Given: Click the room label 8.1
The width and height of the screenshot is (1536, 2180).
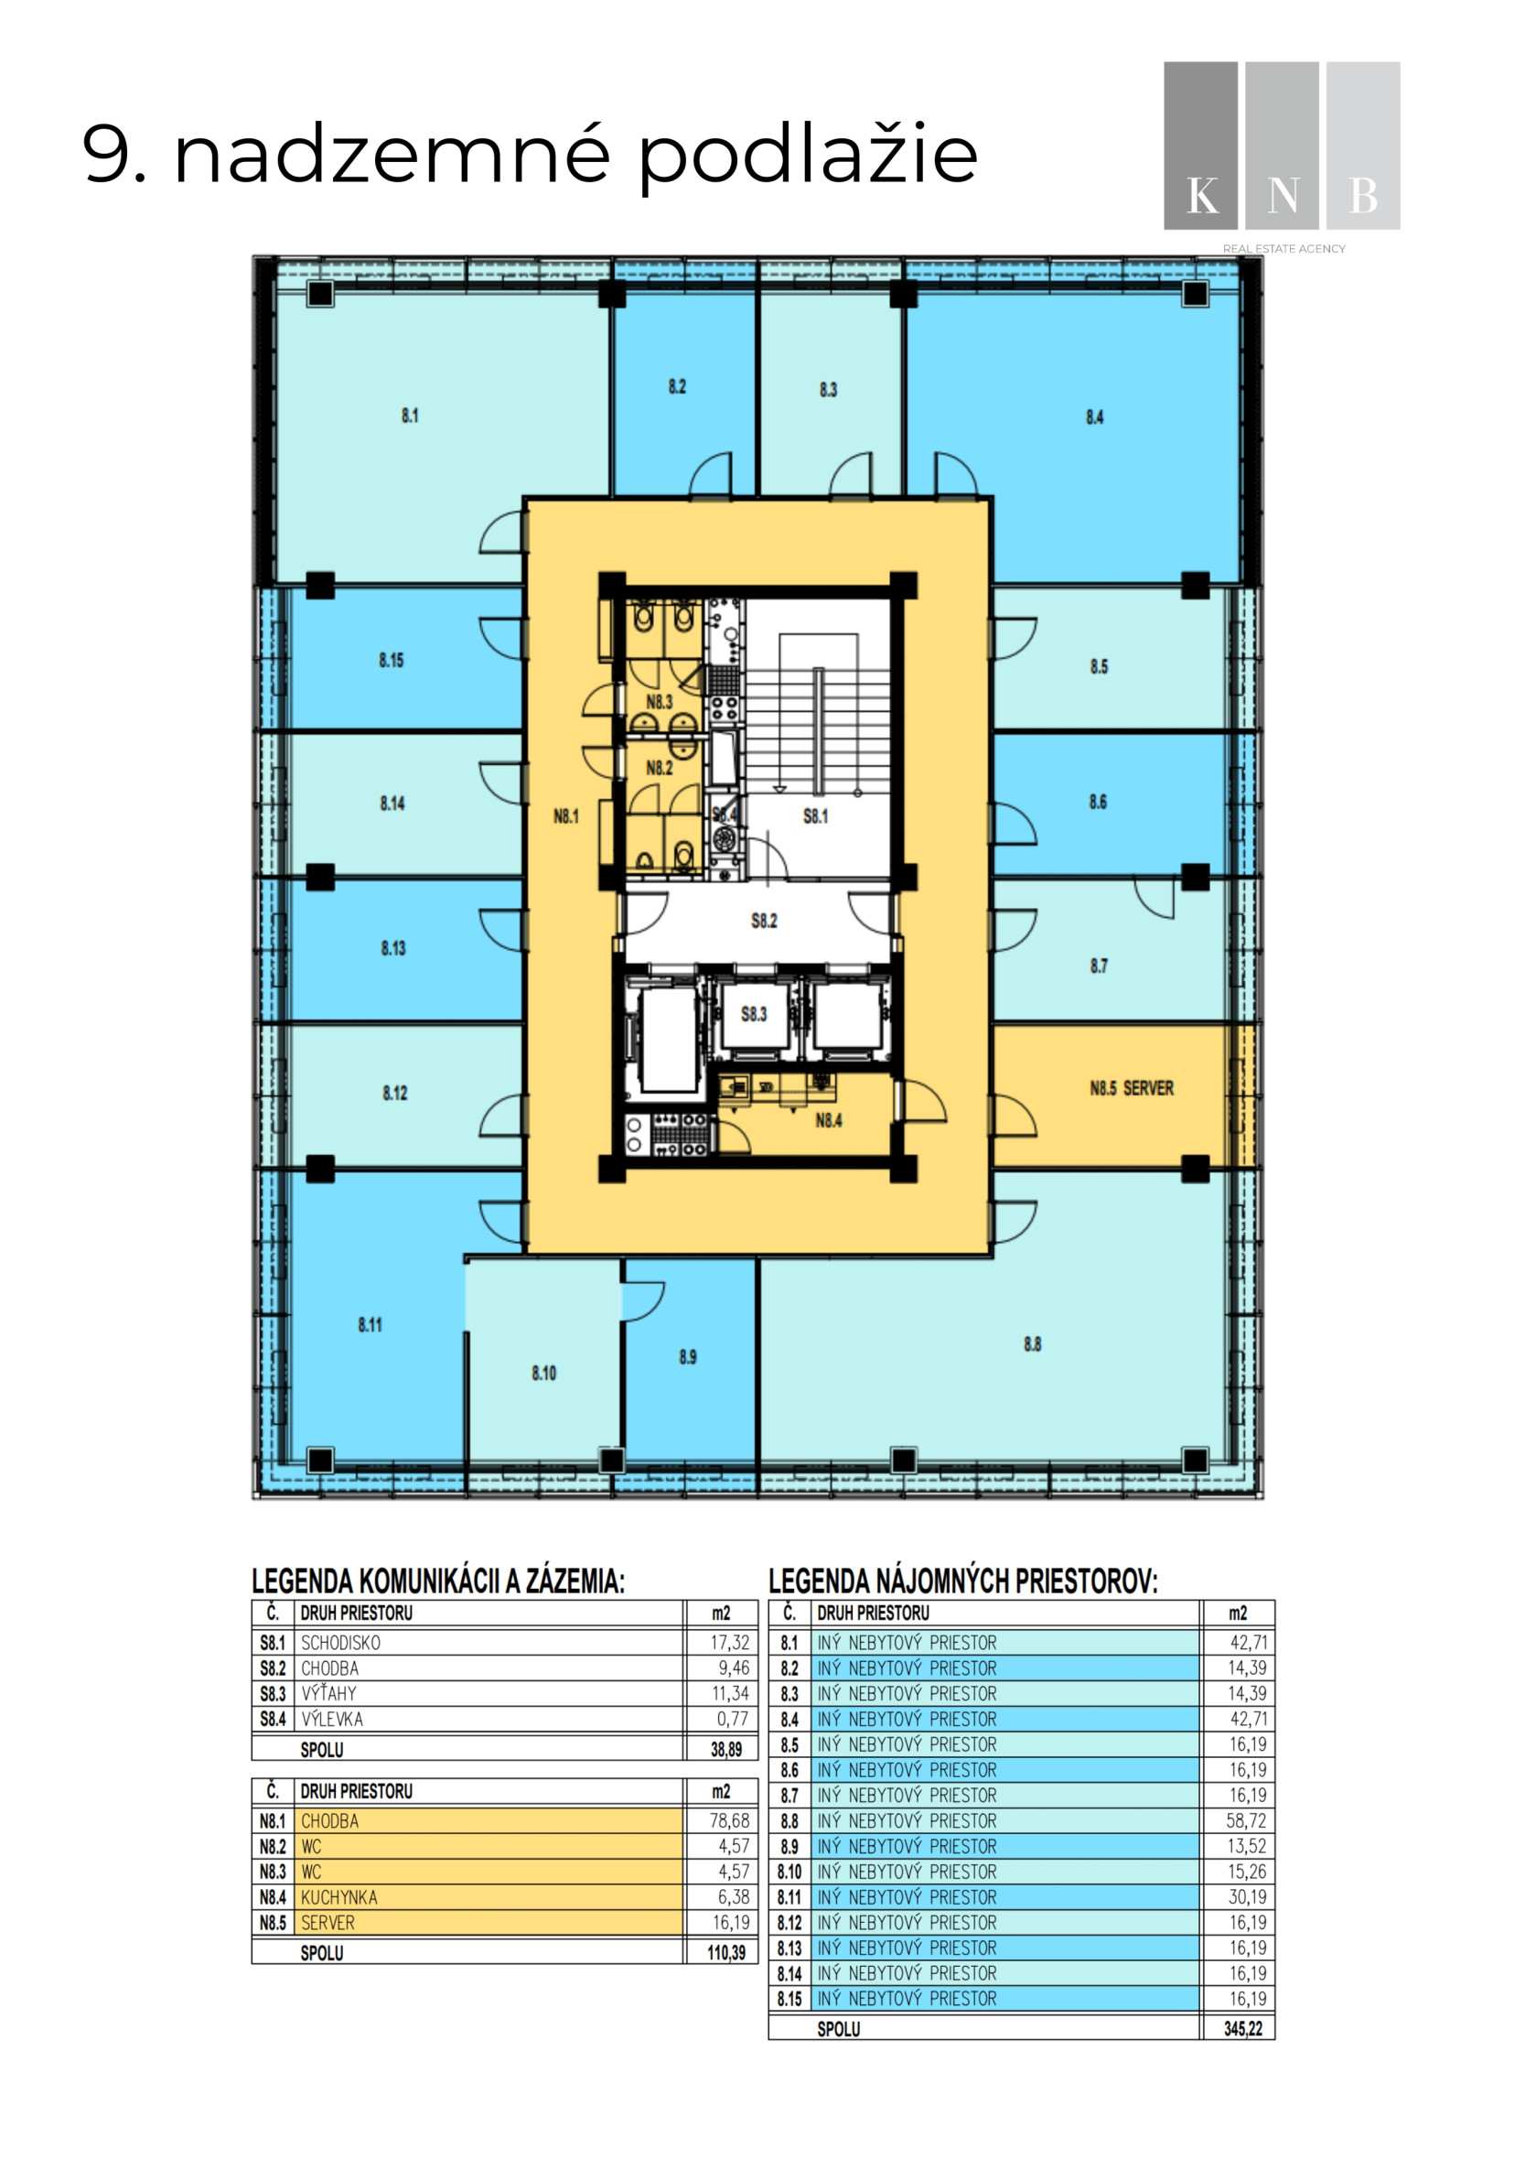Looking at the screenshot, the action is click(409, 415).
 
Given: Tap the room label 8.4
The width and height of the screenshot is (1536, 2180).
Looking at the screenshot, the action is click(1094, 416).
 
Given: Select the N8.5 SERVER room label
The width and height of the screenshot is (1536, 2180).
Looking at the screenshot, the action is click(1132, 1088).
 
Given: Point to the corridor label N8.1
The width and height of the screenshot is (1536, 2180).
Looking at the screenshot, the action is click(565, 815).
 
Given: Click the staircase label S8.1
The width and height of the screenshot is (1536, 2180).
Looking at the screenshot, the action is click(815, 815).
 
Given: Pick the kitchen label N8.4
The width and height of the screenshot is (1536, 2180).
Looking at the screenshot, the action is click(829, 1120).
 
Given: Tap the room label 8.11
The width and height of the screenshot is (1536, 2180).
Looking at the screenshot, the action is click(371, 1324).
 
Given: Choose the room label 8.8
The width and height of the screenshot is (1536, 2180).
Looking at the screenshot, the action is click(1032, 1344).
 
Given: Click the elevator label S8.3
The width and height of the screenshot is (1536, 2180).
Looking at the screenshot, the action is click(754, 1014).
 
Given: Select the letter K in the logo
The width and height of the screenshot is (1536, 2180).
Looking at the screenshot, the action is click(1203, 197).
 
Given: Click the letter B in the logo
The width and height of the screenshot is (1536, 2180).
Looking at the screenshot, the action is click(1363, 197).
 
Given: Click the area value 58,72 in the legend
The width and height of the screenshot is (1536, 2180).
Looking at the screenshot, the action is click(1247, 1821).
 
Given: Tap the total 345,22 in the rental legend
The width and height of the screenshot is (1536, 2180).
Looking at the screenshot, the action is click(1242, 2029).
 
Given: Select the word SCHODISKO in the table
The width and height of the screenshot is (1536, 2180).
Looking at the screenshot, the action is click(341, 1643).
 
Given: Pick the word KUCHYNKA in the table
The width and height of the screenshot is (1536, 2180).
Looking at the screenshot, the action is click(338, 1897).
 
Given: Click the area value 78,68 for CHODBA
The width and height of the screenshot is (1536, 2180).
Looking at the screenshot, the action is click(729, 1821).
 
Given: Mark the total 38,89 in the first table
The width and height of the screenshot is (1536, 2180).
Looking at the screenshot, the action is click(726, 1749).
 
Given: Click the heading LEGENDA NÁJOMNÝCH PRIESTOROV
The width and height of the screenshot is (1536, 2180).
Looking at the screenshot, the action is click(962, 1581).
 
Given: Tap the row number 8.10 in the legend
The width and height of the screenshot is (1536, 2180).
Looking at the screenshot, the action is click(789, 1872).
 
